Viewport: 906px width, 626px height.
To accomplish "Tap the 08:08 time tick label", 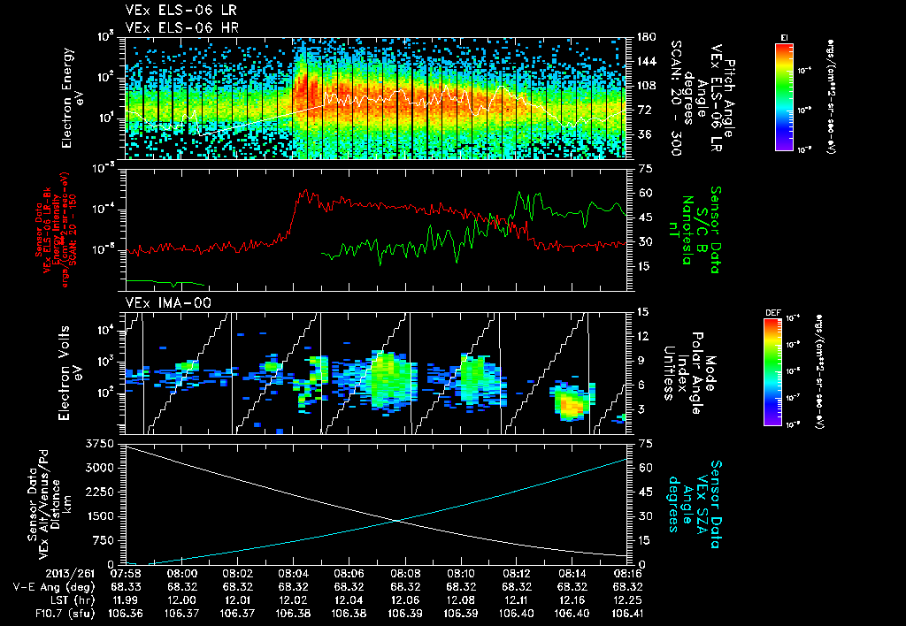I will point(405,572).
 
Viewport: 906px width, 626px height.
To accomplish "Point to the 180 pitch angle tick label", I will point(644,37).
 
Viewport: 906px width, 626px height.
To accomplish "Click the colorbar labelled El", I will point(784,95).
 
